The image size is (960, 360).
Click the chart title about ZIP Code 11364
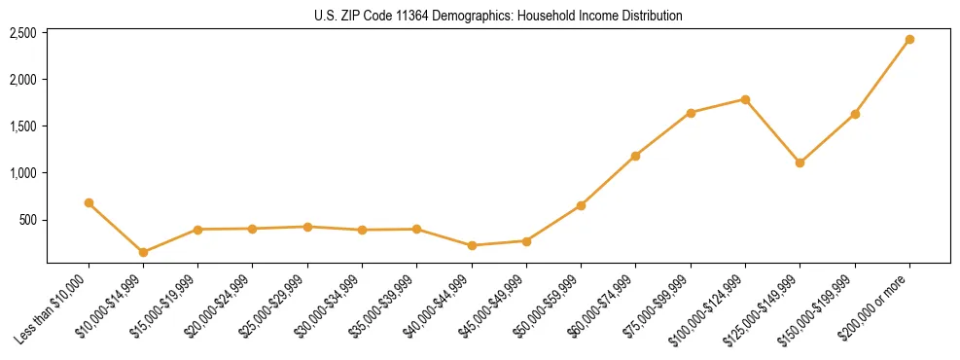pyautogui.click(x=498, y=17)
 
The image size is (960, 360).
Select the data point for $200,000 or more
pyautogui.click(x=909, y=40)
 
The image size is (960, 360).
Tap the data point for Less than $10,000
pyautogui.click(x=89, y=203)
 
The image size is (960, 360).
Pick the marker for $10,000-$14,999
pyautogui.click(x=143, y=252)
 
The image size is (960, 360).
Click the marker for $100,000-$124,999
pyautogui.click(x=745, y=99)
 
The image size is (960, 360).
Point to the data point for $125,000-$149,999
pyautogui.click(x=800, y=162)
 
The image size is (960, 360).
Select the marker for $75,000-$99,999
pyautogui.click(x=691, y=113)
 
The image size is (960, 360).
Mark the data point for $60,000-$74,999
pyautogui.click(x=636, y=156)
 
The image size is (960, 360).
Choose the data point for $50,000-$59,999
pyautogui.click(x=581, y=205)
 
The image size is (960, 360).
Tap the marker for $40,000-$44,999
pyautogui.click(x=472, y=245)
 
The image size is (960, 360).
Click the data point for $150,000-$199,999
pyautogui.click(x=855, y=115)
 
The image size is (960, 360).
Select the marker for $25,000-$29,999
pyautogui.click(x=307, y=227)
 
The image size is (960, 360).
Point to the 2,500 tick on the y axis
pyautogui.click(x=23, y=33)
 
